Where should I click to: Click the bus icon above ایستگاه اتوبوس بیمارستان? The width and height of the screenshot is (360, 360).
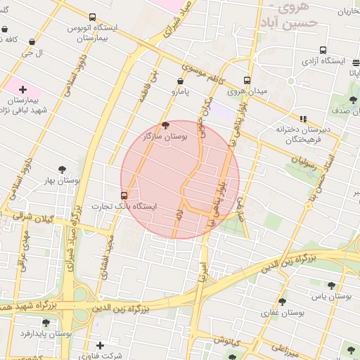(93, 17)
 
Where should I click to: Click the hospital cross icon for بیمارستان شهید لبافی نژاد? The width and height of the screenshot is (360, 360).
(23, 89)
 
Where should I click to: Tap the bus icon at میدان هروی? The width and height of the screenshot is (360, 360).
(246, 80)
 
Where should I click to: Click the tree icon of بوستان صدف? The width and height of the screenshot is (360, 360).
(354, 100)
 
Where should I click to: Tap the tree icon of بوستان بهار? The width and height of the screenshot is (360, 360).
(62, 169)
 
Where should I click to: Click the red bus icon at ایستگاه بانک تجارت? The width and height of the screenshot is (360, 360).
(124, 195)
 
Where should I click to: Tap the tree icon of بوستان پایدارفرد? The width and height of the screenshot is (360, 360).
(46, 323)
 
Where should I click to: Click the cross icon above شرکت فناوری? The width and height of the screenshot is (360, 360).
(101, 345)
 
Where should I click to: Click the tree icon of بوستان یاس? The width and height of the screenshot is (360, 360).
(331, 285)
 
